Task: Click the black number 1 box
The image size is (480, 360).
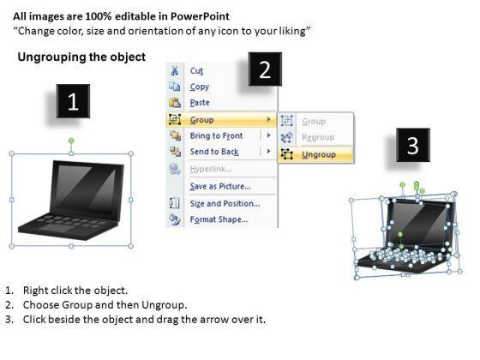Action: coord(73,101)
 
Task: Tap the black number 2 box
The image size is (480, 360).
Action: coord(265,69)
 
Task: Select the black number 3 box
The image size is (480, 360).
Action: coord(412,145)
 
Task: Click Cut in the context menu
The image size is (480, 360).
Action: coord(196,70)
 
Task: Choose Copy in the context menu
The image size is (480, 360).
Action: coord(199,87)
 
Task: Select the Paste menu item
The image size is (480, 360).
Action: coord(200,103)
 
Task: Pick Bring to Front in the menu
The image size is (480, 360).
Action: coord(216,135)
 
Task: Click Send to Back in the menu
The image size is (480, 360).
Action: coord(214,152)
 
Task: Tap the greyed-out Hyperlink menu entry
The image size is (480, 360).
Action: coord(211,169)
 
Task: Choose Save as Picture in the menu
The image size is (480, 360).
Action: coord(220,186)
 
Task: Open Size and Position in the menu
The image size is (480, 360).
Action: coord(225,204)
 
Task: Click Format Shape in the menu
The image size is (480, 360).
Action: coord(219,219)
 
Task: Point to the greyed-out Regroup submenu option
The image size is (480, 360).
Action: coord(318,137)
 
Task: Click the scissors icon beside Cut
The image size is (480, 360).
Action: coord(175,70)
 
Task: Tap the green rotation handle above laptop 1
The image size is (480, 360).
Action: coord(71,141)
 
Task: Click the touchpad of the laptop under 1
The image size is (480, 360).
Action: coord(57,228)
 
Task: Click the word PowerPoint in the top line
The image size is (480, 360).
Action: coord(200,16)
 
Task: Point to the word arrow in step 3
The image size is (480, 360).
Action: coord(213,319)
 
